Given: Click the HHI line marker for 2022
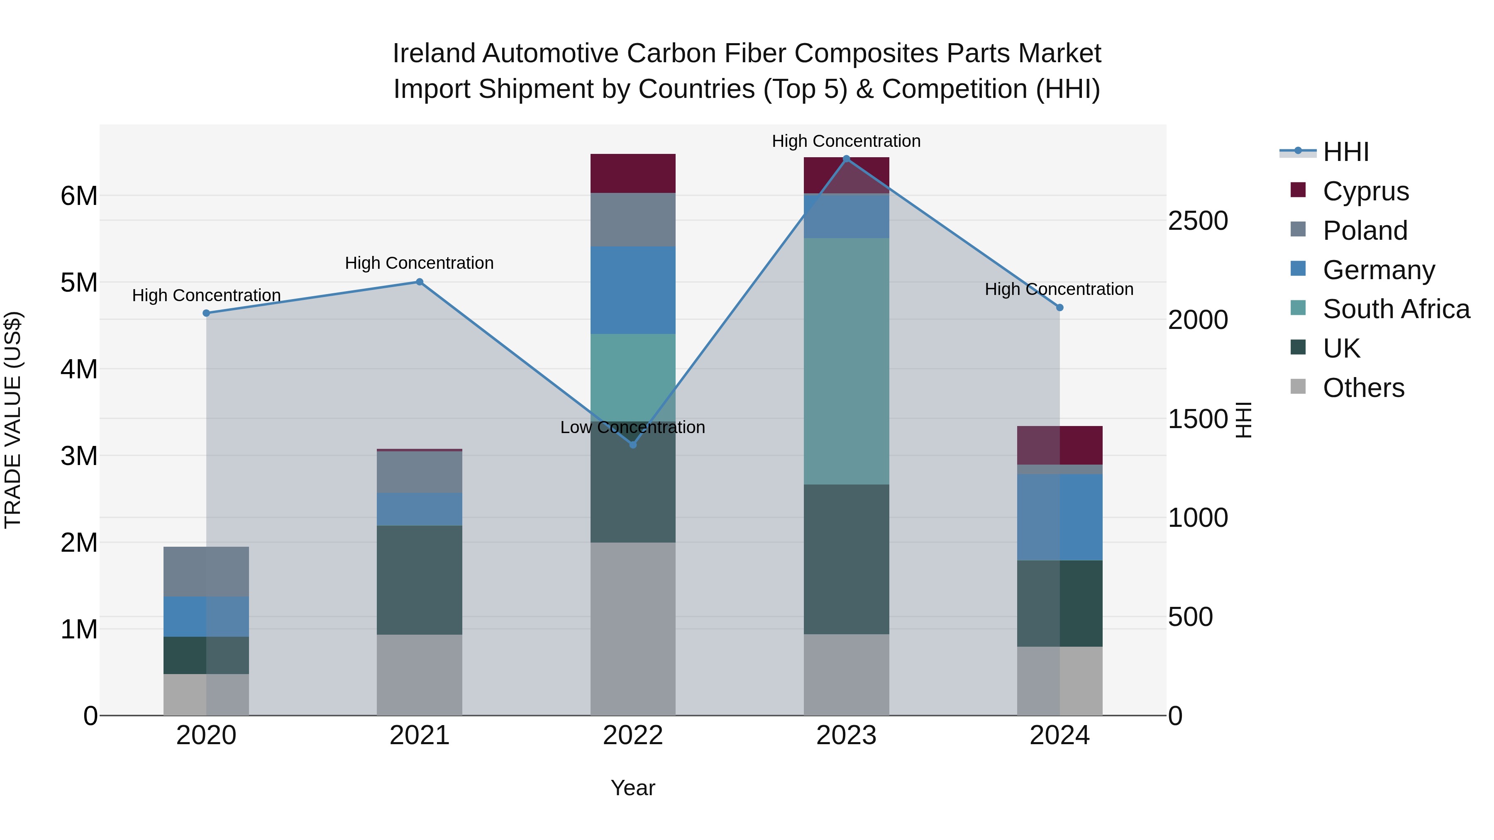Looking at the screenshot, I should tap(633, 445).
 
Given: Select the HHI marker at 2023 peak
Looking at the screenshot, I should tap(846, 159).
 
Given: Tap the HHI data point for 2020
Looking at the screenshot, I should tap(207, 313).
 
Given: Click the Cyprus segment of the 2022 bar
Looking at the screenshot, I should tap(633, 173).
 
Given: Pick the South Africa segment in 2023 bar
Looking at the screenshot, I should tap(846, 361).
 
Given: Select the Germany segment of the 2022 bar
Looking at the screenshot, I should tap(633, 290).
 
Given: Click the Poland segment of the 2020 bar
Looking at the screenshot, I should tap(207, 572).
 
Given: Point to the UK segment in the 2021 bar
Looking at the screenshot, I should tap(419, 580).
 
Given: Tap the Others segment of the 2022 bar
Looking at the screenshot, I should tap(633, 628).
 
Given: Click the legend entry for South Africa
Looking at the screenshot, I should tap(1395, 309).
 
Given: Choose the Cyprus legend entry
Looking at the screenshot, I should tap(1365, 191).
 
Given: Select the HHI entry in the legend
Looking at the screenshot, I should tap(1345, 152).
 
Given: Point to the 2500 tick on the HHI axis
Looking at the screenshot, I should tap(1198, 221).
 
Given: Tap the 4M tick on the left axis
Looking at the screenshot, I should tap(79, 369).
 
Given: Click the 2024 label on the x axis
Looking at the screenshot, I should tap(1059, 735).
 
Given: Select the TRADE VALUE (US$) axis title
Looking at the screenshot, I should tap(13, 420).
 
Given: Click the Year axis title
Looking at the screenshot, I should tap(633, 788).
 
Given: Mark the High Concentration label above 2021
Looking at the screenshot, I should tap(419, 263).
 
